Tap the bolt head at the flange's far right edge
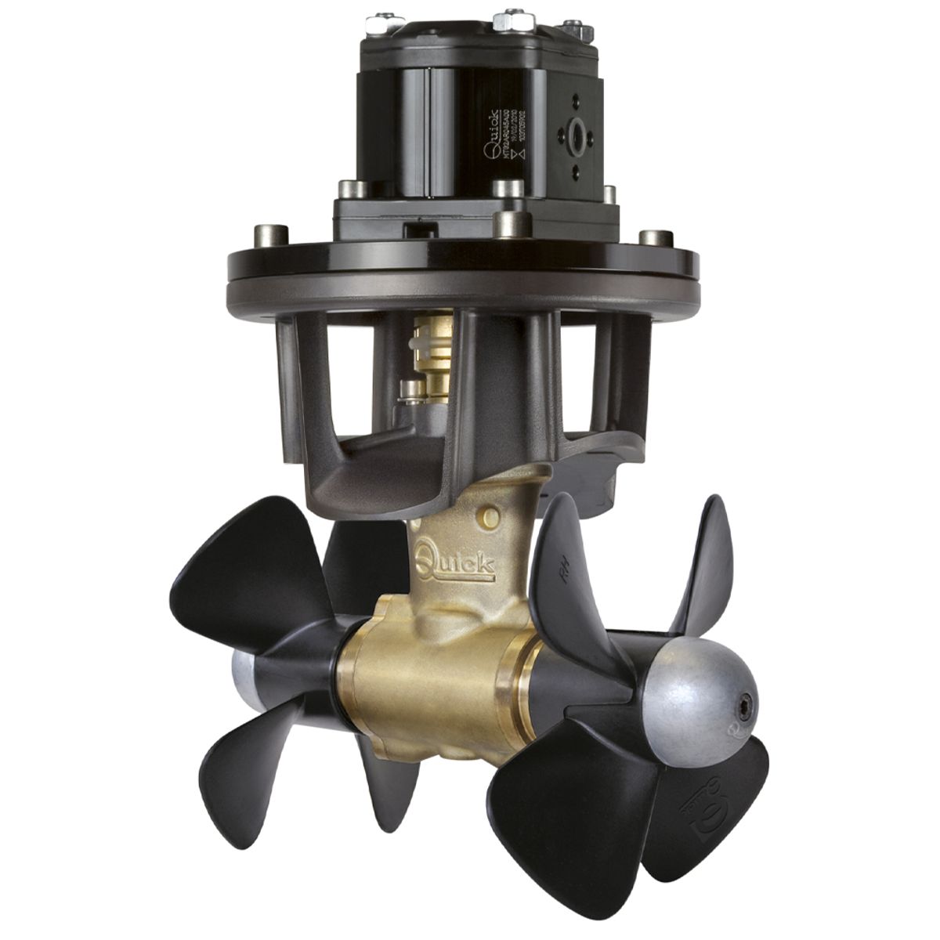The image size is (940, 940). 646,237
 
